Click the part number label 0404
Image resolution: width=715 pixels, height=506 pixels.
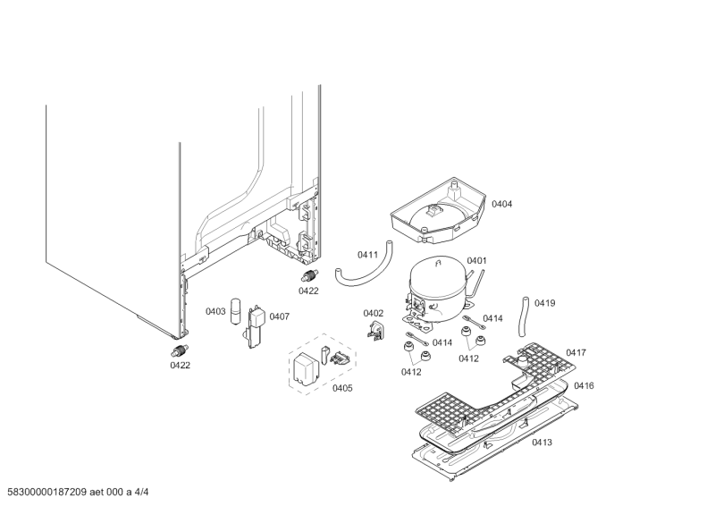[501, 205]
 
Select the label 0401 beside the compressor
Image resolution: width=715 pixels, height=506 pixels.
[476, 261]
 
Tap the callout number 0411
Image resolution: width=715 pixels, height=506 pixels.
[367, 255]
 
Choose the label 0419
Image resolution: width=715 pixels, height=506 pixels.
[544, 303]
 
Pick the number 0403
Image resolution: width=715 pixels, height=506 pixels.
[215, 312]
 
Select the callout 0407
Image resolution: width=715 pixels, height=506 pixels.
[280, 316]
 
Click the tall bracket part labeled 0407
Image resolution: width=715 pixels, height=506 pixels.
[255, 326]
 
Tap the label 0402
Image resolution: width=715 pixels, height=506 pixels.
[373, 313]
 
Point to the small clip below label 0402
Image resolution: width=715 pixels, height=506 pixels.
[377, 332]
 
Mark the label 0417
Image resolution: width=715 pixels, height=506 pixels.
[576, 353]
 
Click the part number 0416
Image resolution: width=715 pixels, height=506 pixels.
[584, 385]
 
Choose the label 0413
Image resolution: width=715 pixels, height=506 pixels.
[542, 443]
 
